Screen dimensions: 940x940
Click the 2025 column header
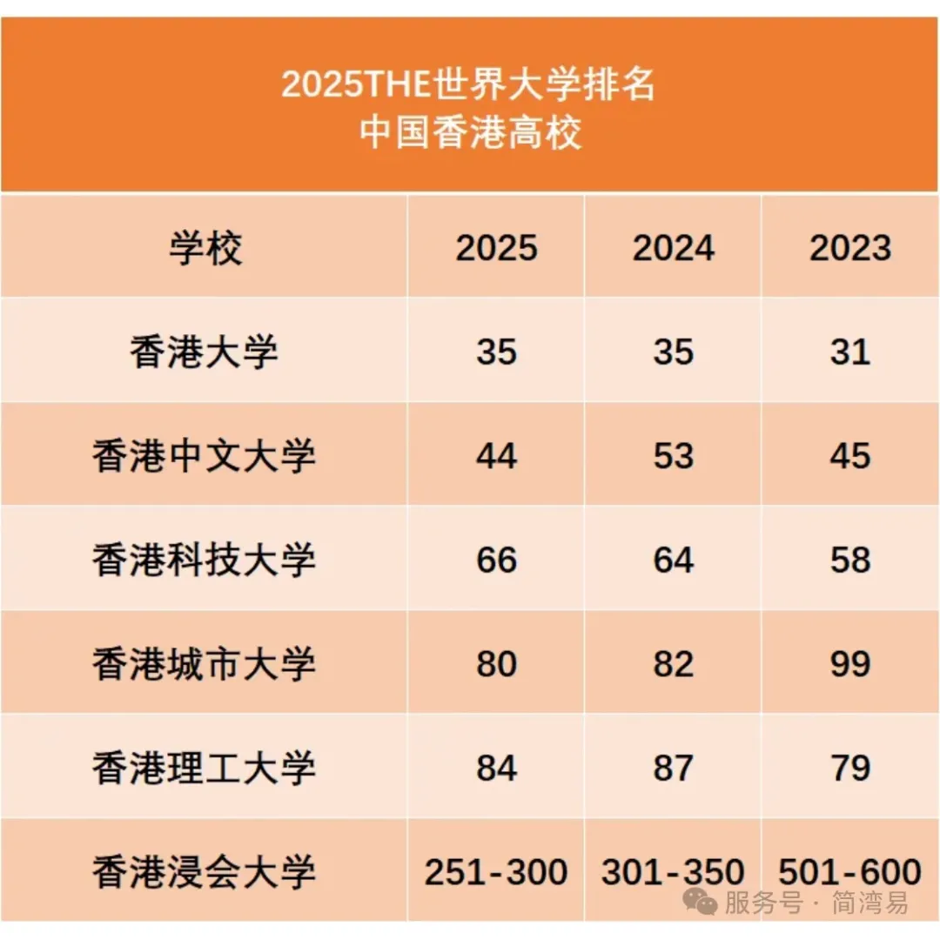pyautogui.click(x=496, y=249)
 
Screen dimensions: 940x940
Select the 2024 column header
pyautogui.click(x=673, y=249)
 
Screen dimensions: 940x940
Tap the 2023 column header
pyautogui.click(x=850, y=249)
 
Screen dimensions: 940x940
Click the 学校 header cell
pyautogui.click(x=205, y=249)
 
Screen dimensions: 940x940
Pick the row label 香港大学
pyautogui.click(x=205, y=352)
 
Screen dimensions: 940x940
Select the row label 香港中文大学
pyautogui.click(x=205, y=456)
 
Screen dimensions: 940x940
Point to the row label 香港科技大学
pyautogui.click(x=205, y=560)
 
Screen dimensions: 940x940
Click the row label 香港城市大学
pyautogui.click(x=205, y=664)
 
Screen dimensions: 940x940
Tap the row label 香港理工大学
pyautogui.click(x=205, y=768)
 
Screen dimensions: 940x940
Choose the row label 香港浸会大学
pyautogui.click(x=205, y=871)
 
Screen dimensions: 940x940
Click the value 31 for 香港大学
pyautogui.click(x=850, y=352)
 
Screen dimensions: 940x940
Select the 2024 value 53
pyautogui.click(x=673, y=456)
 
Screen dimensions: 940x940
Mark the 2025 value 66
pyautogui.click(x=496, y=560)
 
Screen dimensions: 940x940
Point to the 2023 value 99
pyautogui.click(x=850, y=664)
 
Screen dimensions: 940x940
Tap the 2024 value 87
pyautogui.click(x=673, y=768)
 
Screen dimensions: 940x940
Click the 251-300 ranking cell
pyautogui.click(x=496, y=871)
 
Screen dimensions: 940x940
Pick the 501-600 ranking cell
pyautogui.click(x=850, y=871)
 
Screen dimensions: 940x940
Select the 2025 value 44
pyautogui.click(x=496, y=456)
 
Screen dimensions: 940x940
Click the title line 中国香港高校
pyautogui.click(x=470, y=134)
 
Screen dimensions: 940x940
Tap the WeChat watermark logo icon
pyautogui.click(x=700, y=902)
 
